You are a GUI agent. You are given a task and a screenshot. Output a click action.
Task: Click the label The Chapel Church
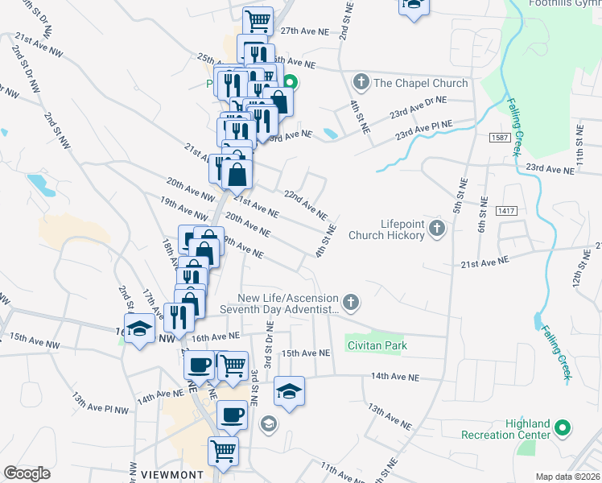point(420,83)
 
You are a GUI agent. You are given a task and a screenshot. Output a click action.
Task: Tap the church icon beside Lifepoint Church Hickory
point(437,229)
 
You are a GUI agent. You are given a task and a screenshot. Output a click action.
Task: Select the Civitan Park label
point(377,345)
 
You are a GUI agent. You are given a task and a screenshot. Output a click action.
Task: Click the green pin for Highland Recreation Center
point(563,429)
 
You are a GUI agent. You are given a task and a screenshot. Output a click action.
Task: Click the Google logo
point(27,473)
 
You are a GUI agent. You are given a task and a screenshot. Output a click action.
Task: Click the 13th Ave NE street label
point(390,417)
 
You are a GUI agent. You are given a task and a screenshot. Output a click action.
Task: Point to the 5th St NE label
point(460,196)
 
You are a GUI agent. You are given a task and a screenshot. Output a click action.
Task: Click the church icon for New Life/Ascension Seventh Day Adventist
point(350,303)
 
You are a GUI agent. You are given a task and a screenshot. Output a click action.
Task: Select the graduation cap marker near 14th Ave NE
point(290,391)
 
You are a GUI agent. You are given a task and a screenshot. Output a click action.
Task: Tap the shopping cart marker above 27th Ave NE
point(258,20)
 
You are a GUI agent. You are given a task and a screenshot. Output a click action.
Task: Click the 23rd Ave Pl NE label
point(423,128)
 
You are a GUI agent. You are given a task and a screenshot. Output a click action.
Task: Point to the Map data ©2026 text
point(567,476)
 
